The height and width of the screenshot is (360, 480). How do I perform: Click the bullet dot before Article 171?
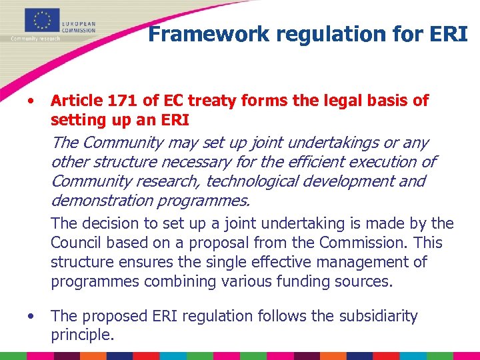click(31, 101)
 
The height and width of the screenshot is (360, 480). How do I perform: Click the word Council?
click(79, 243)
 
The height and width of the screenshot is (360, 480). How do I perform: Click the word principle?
click(82, 335)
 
